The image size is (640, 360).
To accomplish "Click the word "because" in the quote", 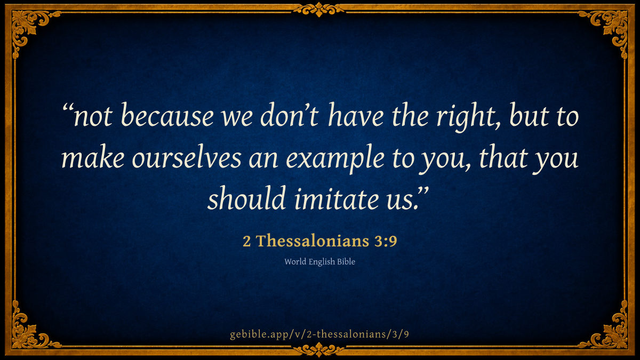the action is click(167, 116).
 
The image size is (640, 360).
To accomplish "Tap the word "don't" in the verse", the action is click(289, 116).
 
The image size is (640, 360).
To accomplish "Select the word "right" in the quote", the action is click(467, 118).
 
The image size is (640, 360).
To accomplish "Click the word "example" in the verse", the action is click(335, 160).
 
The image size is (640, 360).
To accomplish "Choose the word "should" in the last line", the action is click(246, 198).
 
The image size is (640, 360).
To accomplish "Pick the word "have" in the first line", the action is click(355, 115).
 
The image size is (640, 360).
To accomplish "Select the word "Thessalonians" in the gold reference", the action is click(313, 241).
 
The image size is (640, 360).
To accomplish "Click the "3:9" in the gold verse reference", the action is click(386, 242).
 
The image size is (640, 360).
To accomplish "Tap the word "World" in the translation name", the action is click(295, 262).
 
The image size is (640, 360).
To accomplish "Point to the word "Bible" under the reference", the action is click(346, 262).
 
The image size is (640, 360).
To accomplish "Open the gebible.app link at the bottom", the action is click(319, 334).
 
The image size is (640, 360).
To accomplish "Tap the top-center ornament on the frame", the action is click(319, 10).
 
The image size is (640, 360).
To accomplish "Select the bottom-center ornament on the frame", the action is click(319, 349).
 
